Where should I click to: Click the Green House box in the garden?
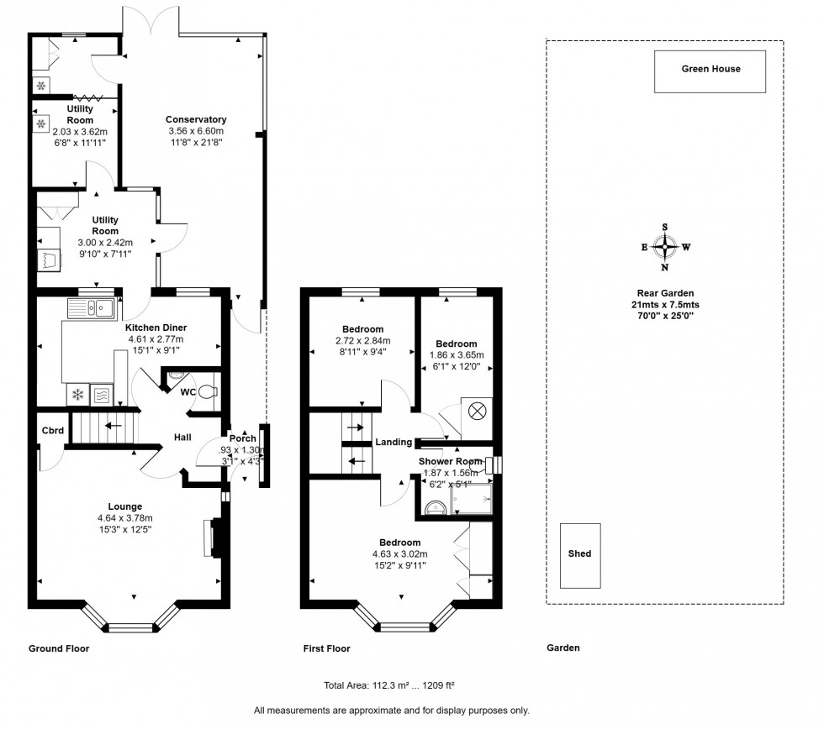(x=710, y=71)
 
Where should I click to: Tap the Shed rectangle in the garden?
(x=580, y=554)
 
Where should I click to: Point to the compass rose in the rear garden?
(x=665, y=247)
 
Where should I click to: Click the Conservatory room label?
(x=196, y=119)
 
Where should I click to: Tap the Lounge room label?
(x=124, y=506)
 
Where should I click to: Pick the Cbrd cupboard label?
(x=52, y=431)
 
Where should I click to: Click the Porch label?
(x=243, y=438)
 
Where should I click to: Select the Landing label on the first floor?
(x=393, y=443)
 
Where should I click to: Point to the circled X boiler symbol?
(x=477, y=412)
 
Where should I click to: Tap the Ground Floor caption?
(x=59, y=648)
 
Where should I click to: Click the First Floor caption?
(x=326, y=648)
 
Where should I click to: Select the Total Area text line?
(x=389, y=684)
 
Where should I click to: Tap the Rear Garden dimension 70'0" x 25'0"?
(x=665, y=315)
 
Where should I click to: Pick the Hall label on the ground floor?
(x=182, y=438)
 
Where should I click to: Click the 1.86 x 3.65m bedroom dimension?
(x=457, y=354)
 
